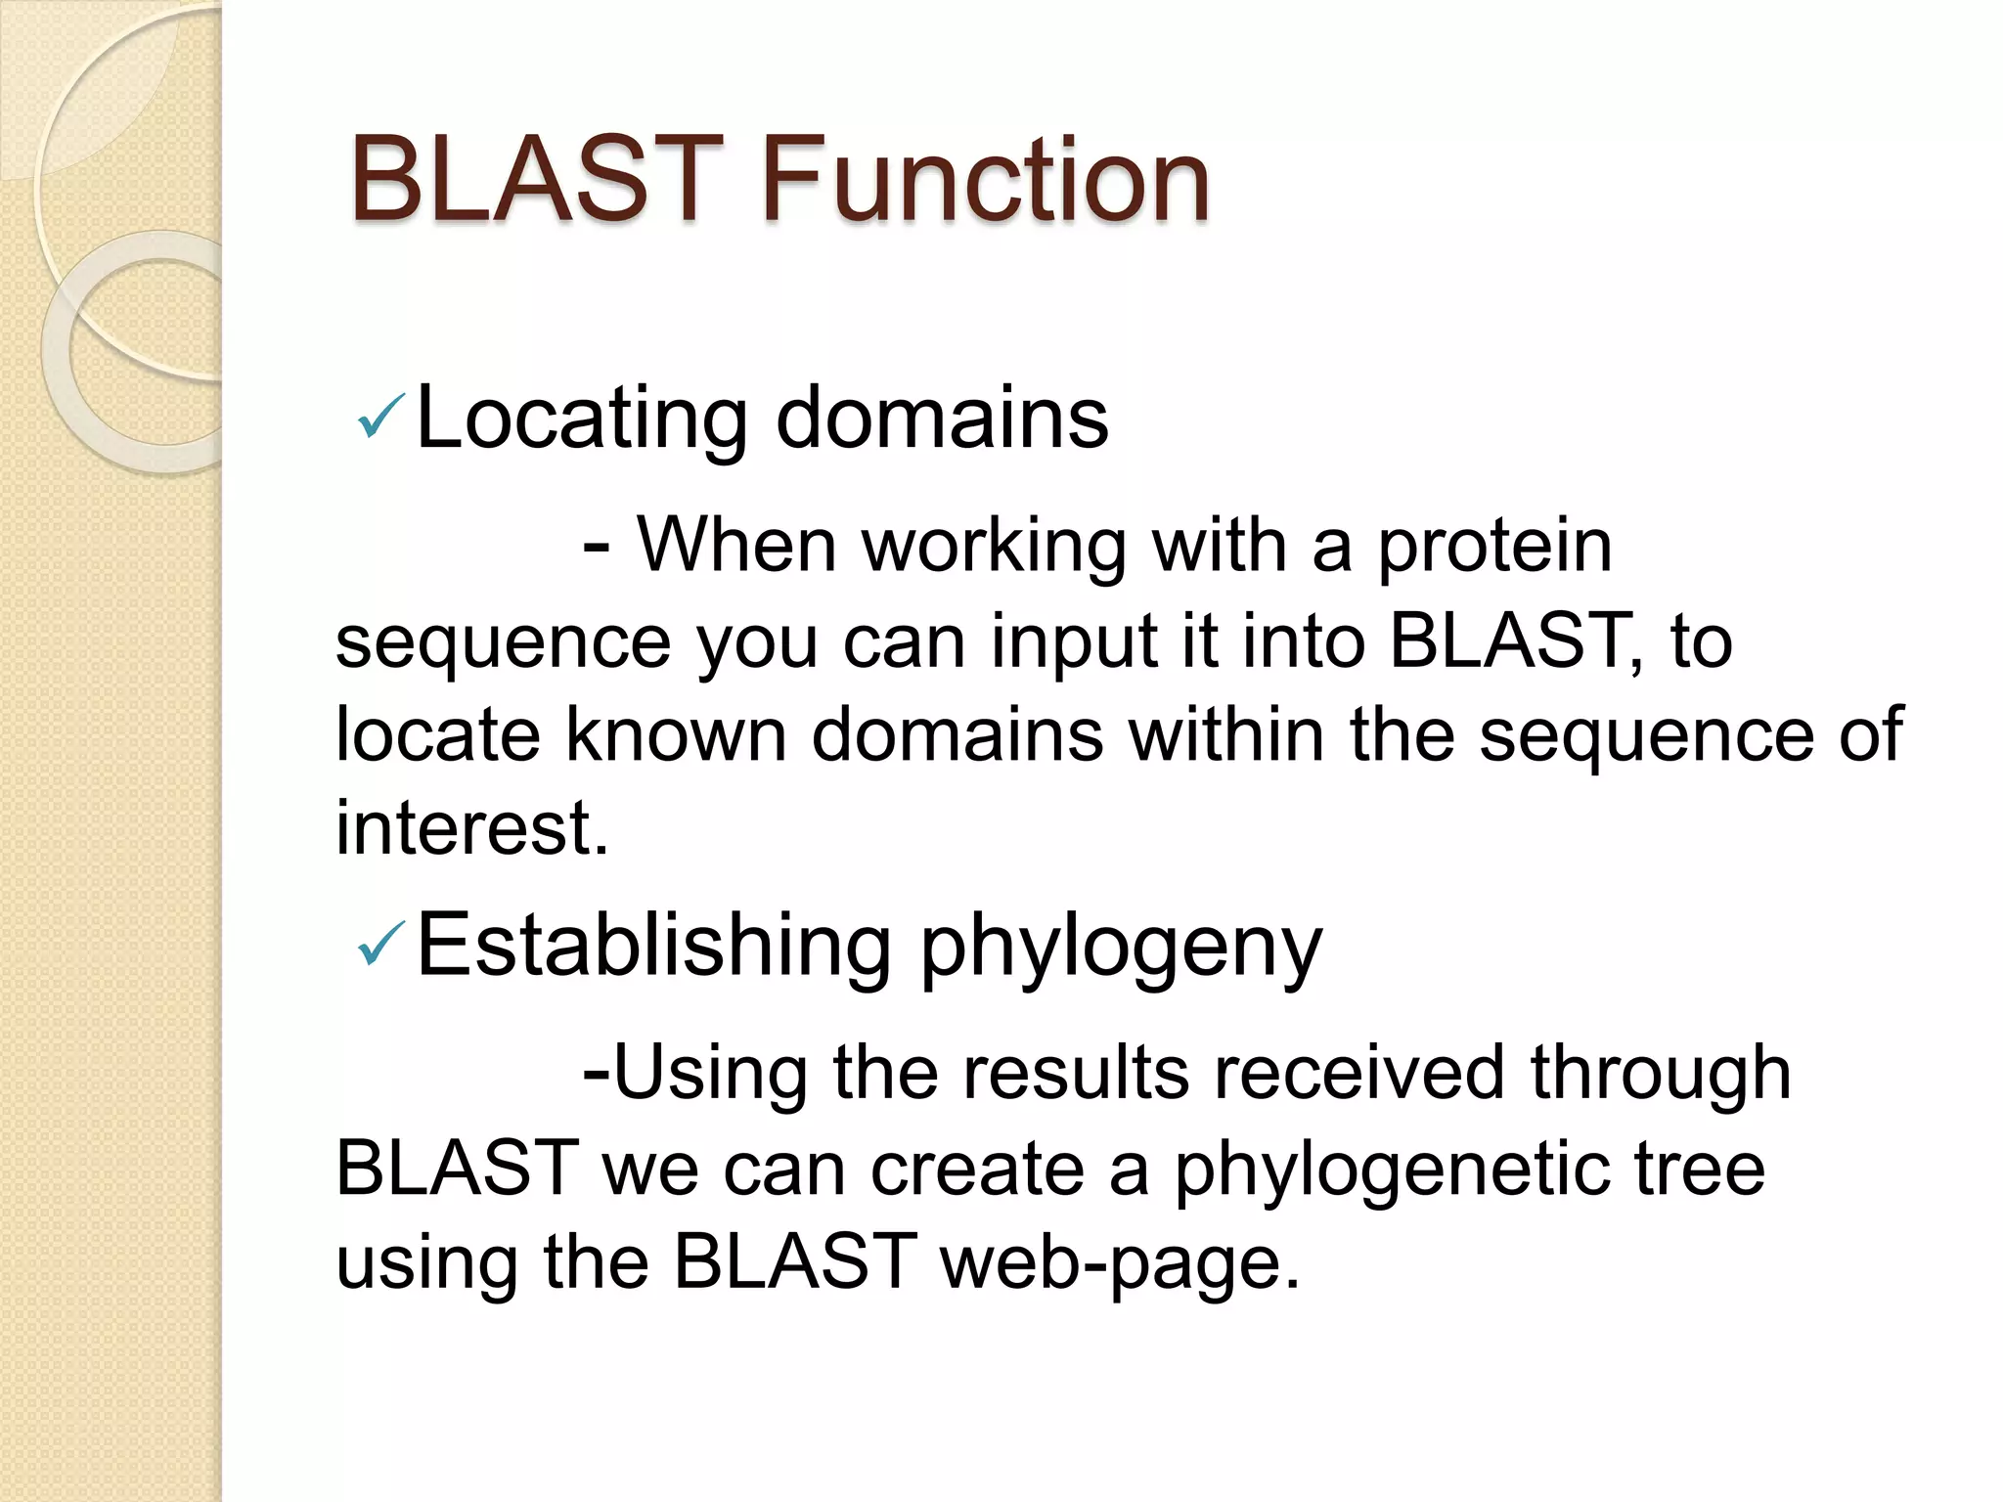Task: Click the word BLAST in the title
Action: (x=536, y=181)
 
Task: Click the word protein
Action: (x=1494, y=546)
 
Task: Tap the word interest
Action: (x=471, y=827)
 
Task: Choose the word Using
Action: (x=710, y=1074)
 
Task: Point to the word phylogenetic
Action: (x=1392, y=1170)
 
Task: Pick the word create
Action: (x=977, y=1170)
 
